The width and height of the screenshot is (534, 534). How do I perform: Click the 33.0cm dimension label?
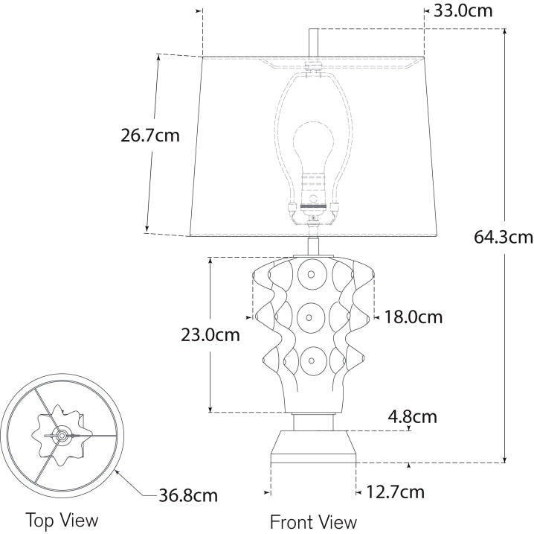(463, 10)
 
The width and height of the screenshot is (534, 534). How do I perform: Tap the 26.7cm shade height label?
(149, 136)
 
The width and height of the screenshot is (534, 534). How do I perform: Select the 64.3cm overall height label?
(503, 238)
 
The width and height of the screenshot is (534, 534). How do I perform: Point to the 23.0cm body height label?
(210, 334)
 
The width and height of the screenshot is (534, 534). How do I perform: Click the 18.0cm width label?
(413, 317)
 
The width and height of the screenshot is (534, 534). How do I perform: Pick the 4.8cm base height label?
(412, 416)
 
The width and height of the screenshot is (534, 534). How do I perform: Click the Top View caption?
(62, 519)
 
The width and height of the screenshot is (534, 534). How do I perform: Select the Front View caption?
(313, 521)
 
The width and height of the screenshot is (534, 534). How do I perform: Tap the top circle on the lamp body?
(310, 274)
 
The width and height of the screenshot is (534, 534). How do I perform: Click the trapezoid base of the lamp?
(313, 446)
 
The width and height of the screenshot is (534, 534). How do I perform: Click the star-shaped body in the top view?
(61, 433)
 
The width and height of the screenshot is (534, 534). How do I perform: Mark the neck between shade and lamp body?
(313, 246)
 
